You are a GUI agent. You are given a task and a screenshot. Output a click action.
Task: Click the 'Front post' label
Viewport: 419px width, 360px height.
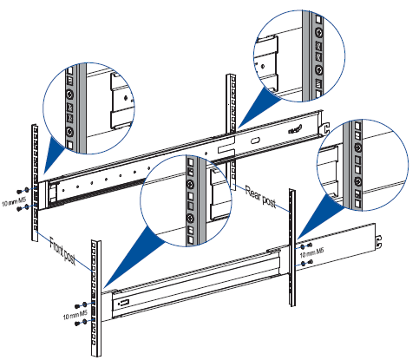tap(62, 251)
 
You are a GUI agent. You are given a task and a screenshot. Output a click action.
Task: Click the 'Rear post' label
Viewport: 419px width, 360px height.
tap(260, 197)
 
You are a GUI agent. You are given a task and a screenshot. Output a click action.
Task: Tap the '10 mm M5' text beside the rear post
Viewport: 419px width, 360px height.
tap(311, 253)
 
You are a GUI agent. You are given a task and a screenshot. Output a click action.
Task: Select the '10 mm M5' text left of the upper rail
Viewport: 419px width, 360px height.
tap(14, 202)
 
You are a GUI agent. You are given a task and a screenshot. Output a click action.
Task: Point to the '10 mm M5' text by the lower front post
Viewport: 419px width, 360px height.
tap(75, 315)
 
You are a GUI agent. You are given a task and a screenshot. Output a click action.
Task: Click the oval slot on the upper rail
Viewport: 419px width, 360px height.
tap(254, 141)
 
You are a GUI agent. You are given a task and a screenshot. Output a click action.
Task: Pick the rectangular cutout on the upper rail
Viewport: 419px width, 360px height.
tap(226, 149)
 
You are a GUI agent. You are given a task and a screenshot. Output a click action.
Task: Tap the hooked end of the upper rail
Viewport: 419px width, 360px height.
tap(326, 128)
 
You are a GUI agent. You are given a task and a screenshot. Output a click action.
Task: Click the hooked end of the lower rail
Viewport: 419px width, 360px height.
tap(378, 242)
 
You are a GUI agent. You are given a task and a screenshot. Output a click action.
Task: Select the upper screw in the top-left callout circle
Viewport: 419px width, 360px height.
tap(69, 95)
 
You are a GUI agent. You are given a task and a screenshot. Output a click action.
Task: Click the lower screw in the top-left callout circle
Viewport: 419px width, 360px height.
tap(69, 132)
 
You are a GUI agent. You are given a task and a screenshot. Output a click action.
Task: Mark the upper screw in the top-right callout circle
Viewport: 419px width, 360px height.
tap(318, 32)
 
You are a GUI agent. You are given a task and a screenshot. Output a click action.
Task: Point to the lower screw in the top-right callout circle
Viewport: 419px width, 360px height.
tap(318, 69)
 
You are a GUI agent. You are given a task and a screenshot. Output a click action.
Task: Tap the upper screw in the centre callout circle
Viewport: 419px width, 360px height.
tap(191, 184)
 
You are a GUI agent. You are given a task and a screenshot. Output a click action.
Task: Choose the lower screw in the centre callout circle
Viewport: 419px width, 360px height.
tap(191, 218)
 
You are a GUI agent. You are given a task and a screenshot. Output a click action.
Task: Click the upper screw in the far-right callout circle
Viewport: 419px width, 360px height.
tap(357, 147)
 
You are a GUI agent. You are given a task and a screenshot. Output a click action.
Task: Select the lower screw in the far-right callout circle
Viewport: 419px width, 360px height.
tap(358, 181)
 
